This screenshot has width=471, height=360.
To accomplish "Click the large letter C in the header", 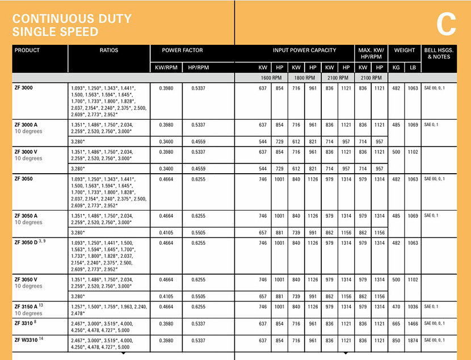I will point(447,25).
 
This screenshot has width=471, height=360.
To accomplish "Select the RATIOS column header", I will point(109,51).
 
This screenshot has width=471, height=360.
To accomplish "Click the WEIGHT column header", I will point(405,51).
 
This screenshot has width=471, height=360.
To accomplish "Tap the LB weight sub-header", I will point(413,68).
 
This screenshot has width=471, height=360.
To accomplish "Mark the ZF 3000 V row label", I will point(26,152).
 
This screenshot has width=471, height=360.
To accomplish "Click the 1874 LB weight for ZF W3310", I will point(413,341).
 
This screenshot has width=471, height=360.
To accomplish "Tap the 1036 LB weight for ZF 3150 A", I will point(413,307).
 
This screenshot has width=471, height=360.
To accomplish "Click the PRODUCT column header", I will point(27,51).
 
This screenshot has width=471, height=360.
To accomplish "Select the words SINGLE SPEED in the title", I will point(55,32).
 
